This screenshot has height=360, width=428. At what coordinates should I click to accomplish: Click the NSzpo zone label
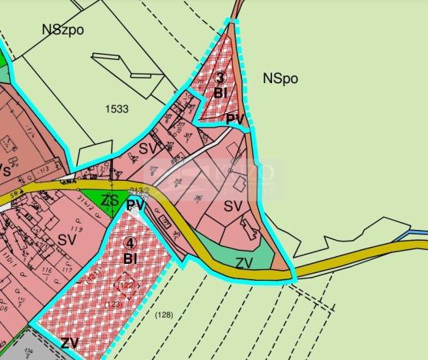(x=64, y=30)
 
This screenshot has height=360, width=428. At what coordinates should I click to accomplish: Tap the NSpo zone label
(x=280, y=78)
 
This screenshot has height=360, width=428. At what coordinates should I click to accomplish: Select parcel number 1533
(x=118, y=109)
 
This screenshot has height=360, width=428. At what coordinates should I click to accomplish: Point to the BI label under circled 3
(x=220, y=94)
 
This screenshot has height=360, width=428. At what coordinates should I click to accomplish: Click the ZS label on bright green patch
(x=111, y=200)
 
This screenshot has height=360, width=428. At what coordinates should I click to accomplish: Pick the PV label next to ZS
(x=136, y=205)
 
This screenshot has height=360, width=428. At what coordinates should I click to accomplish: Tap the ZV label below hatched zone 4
(x=70, y=343)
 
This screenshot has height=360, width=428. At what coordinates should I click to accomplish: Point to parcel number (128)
(x=163, y=315)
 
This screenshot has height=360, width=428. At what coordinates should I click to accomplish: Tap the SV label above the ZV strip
(x=233, y=207)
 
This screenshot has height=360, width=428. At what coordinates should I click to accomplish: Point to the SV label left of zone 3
(x=148, y=148)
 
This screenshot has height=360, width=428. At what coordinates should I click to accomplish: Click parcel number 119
(x=76, y=228)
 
